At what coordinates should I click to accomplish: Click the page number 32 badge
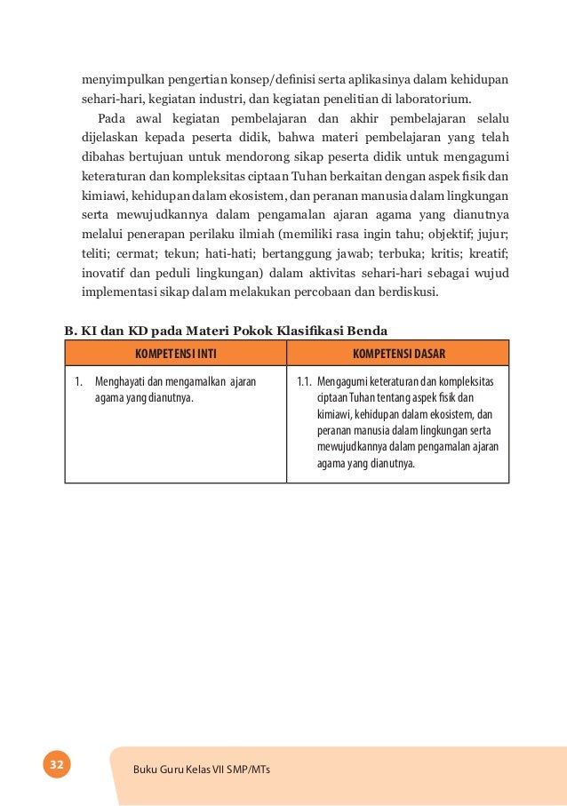[x=56, y=764]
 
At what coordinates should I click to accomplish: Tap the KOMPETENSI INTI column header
[x=175, y=353]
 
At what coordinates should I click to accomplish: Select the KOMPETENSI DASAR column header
[x=398, y=353]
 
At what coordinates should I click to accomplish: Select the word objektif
[x=420, y=234]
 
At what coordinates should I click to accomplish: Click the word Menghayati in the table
[x=120, y=382]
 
